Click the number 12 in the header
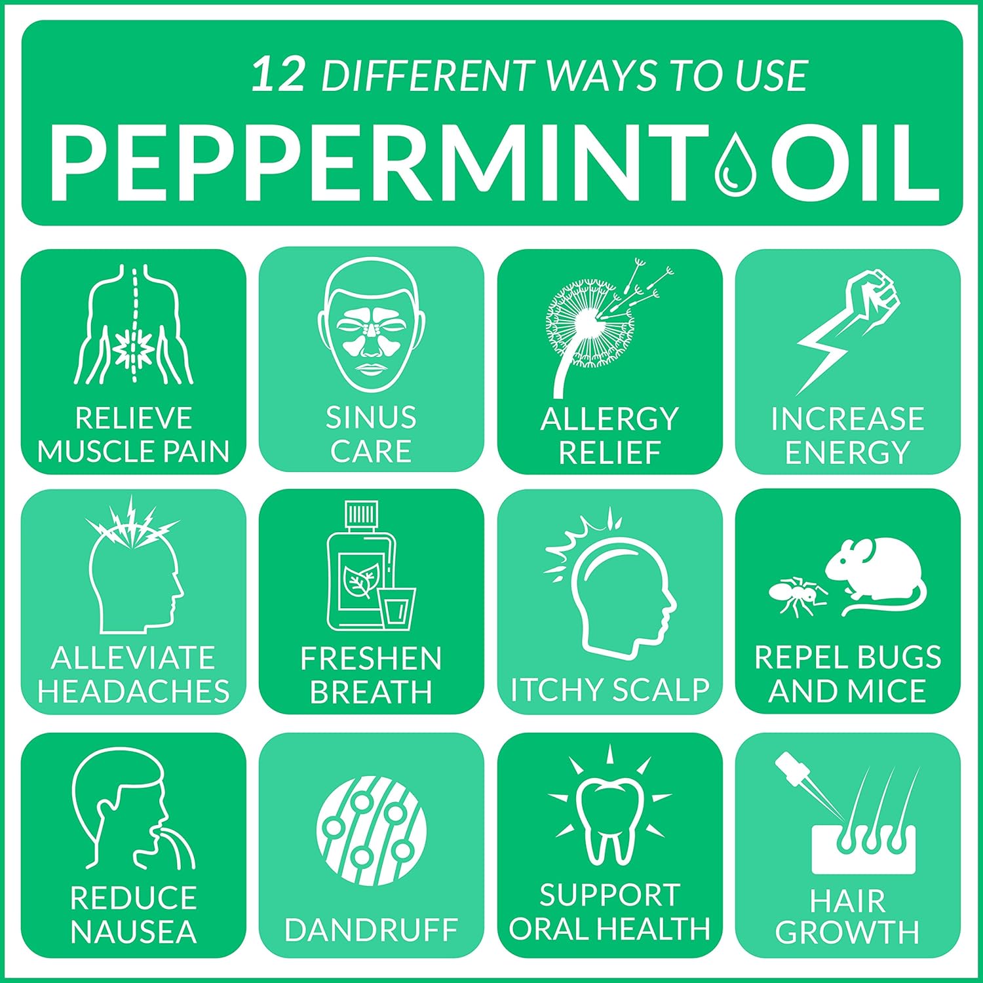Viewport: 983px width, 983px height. (279, 74)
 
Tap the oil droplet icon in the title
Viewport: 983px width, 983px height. (735, 164)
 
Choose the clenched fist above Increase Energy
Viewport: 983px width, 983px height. (873, 295)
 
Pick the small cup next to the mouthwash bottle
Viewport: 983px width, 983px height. (398, 609)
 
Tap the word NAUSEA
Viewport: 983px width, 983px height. (134, 932)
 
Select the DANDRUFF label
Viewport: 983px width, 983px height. (372, 930)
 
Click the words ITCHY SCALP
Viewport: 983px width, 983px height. (610, 689)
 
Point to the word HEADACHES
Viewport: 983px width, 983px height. (134, 691)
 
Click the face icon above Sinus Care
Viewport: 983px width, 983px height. (372, 324)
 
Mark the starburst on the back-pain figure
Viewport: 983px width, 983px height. (133, 345)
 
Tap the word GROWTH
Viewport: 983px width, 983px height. (847, 932)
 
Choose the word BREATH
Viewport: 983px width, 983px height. (372, 692)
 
